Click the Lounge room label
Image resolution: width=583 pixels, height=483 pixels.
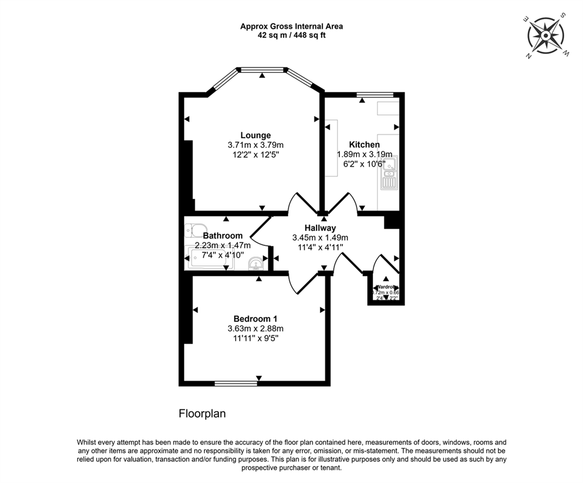pos(255,135)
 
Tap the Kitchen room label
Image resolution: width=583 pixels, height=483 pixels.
pos(364,145)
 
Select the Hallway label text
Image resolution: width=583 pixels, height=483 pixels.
pos(320,228)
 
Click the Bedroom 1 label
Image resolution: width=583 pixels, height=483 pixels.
pos(255,319)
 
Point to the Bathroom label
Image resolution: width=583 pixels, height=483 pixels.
pos(223,236)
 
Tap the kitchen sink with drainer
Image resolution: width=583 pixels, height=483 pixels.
pos(389,174)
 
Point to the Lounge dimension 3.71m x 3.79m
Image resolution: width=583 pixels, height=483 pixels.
pos(255,145)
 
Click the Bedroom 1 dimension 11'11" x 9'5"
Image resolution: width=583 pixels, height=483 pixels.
pos(255,338)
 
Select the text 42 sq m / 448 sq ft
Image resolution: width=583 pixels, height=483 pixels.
pos(291,35)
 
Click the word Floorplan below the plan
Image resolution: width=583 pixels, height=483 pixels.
pos(202,414)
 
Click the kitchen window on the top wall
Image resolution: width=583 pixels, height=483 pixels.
pos(375,94)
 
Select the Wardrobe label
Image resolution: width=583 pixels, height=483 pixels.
pos(386,286)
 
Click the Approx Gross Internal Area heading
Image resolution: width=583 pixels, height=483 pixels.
pos(291,26)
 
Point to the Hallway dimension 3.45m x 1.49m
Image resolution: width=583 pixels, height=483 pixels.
pos(320,238)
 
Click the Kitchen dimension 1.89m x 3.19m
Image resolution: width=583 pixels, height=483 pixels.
pos(364,154)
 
